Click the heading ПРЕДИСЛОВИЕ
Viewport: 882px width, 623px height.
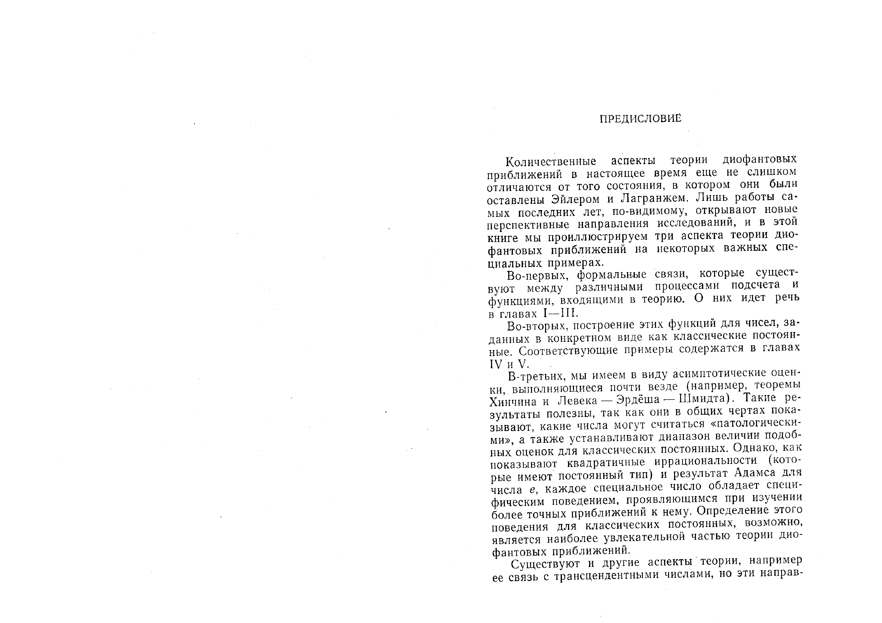pos(640,119)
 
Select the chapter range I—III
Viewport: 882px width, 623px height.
pos(561,313)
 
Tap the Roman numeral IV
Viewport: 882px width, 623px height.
pos(495,363)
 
